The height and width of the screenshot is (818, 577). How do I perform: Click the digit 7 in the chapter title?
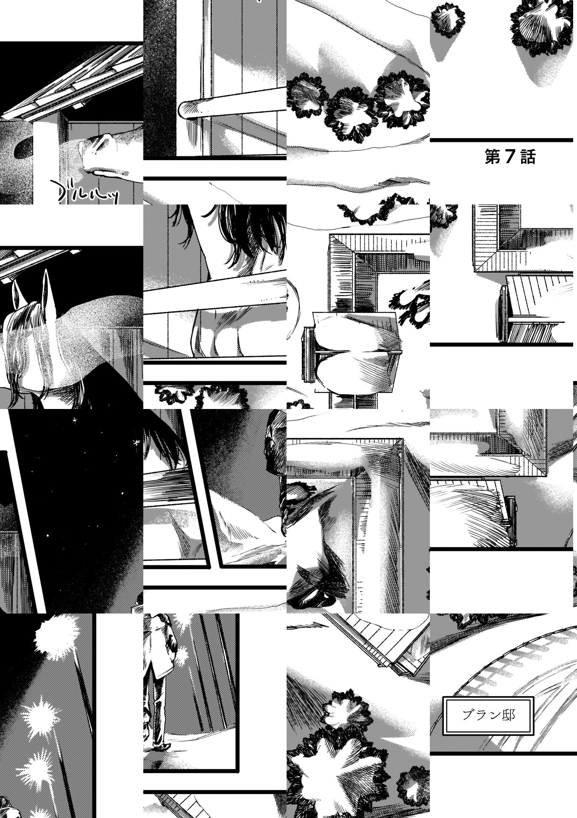pos(510,157)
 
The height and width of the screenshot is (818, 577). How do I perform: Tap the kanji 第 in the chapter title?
pos(492,157)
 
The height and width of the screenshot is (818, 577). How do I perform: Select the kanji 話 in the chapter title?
pos(528,157)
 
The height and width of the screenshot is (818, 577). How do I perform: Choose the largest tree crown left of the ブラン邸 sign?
pos(337,771)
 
